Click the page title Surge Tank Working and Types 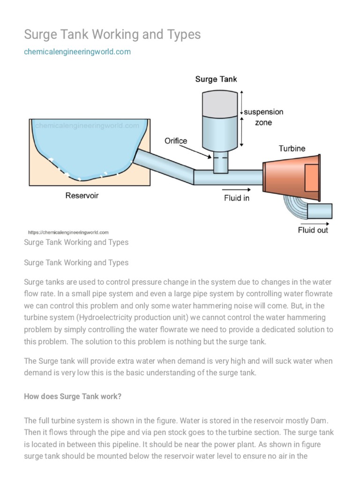pyautogui.click(x=112, y=34)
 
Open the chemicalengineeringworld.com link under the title pyautogui.click(x=77, y=52)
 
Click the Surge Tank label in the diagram pyautogui.click(x=216, y=79)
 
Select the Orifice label pyautogui.click(x=176, y=141)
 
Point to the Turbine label pyautogui.click(x=292, y=148)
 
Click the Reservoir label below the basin pyautogui.click(x=82, y=195)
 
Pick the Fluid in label pyautogui.click(x=236, y=198)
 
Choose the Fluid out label pyautogui.click(x=313, y=230)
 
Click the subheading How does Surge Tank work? pyautogui.click(x=73, y=396)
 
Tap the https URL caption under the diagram pyautogui.click(x=68, y=232)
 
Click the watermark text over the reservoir pyautogui.click(x=87, y=126)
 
